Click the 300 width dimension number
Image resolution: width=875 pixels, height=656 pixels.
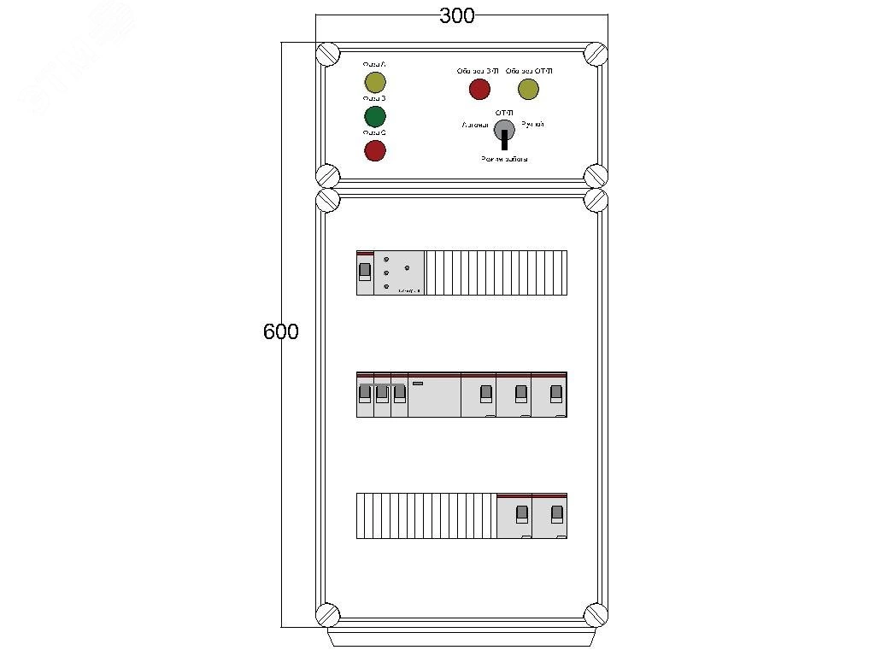coord(457,16)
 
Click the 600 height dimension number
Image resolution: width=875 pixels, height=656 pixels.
coord(281,331)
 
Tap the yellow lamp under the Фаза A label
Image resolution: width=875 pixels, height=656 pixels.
coord(375,82)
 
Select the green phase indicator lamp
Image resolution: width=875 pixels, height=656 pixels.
coord(375,116)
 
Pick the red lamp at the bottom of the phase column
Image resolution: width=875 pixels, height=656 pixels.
coord(375,151)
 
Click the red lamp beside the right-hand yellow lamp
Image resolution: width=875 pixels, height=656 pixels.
coord(480,89)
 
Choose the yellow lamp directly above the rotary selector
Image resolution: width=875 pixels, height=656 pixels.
coord(528,89)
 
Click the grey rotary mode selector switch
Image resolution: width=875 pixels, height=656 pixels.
coord(504,130)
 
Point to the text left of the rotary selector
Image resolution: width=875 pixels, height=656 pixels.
coord(474,126)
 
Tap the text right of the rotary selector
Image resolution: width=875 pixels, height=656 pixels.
coord(532,126)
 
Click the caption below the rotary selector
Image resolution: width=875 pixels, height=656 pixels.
coord(504,159)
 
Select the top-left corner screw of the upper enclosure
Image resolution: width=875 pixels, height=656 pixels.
coord(328,55)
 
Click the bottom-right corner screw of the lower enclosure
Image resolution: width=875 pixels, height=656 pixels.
coord(596,614)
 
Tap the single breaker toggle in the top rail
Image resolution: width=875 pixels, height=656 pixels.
coord(365,272)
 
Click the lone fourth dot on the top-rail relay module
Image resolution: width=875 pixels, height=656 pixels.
coord(407,268)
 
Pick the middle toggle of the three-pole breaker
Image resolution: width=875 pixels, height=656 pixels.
coord(382,393)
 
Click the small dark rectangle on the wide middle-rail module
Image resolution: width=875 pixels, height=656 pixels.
coord(418,384)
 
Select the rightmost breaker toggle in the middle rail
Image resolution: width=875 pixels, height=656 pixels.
coord(556,393)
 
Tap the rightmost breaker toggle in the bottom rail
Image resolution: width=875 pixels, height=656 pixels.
coord(557,513)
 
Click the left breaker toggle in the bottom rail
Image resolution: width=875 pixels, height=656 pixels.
coord(521,513)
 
